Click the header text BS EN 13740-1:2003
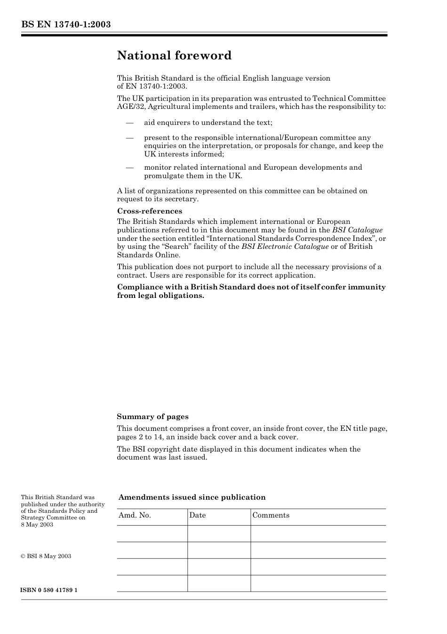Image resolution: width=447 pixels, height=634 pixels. pyautogui.click(x=66, y=25)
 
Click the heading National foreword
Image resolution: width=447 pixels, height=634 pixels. pyautogui.click(x=174, y=56)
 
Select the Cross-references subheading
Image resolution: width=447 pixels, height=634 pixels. pyautogui.click(x=150, y=211)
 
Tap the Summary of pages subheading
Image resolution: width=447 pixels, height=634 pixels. pyautogui.click(x=152, y=417)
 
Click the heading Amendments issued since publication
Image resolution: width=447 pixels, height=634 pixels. pyautogui.click(x=192, y=497)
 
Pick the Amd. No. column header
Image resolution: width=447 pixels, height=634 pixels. pyautogui.click(x=135, y=515)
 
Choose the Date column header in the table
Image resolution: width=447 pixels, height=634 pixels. pyautogui.click(x=198, y=515)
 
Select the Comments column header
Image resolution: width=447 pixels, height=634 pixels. pyautogui.click(x=271, y=515)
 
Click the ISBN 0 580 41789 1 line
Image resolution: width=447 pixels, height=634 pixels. pyautogui.click(x=49, y=590)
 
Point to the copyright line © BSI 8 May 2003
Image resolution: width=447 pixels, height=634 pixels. pyautogui.click(x=46, y=556)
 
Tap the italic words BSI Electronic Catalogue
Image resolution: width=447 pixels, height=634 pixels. pyautogui.click(x=285, y=247)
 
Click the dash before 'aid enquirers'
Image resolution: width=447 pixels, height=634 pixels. pyautogui.click(x=129, y=123)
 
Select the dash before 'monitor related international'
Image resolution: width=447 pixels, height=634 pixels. pyautogui.click(x=129, y=167)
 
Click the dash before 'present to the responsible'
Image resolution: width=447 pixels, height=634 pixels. pyautogui.click(x=129, y=138)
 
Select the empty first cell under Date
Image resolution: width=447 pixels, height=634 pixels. pyautogui.click(x=219, y=534)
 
